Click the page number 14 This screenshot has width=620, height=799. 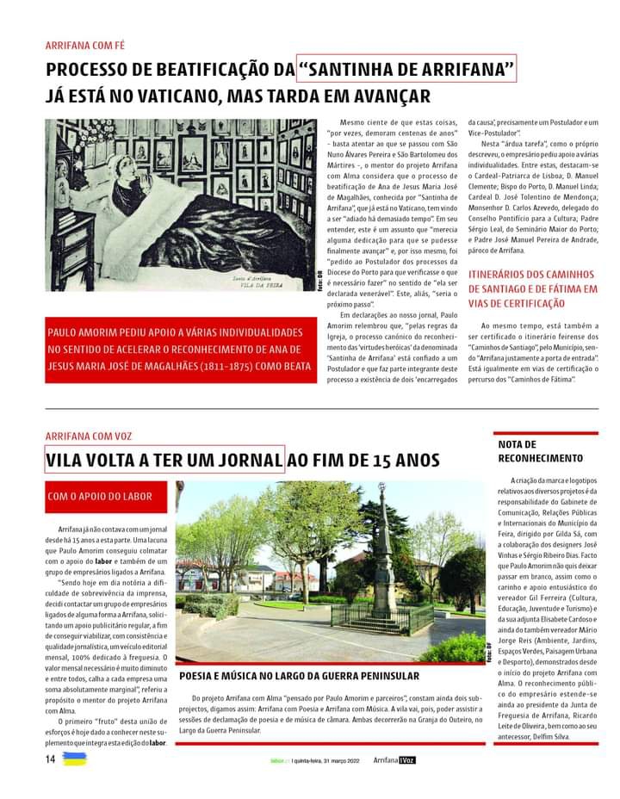[x=50, y=758]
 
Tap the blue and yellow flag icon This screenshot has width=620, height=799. [x=75, y=759]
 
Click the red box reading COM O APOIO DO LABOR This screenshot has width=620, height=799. [x=100, y=496]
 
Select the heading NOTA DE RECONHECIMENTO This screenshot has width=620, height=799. [x=541, y=451]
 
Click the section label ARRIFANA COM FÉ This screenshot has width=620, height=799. [x=85, y=45]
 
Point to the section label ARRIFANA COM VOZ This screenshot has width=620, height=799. [x=89, y=437]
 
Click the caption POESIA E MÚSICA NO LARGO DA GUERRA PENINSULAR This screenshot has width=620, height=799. [x=299, y=676]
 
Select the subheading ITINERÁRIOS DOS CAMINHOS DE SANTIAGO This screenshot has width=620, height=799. [x=531, y=288]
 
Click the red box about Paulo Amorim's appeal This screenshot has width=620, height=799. [x=176, y=349]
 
